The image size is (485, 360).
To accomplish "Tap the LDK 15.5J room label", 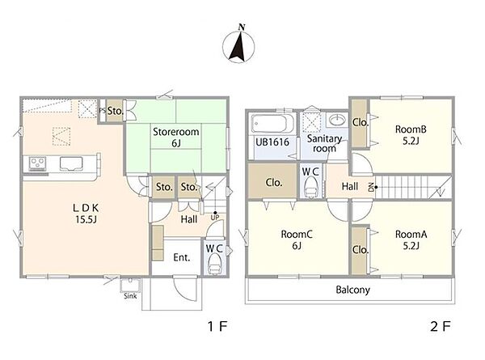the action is tap(86, 214).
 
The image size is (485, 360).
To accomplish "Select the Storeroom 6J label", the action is tap(176, 138).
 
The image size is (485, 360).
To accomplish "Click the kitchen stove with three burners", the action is tap(37, 163).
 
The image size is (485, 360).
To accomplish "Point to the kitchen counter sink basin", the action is tap(71, 163).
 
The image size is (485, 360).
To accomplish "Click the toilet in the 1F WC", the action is tap(214, 266).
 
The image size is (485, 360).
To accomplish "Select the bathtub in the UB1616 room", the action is tap(272, 125).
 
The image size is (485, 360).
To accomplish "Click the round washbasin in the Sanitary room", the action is tap(337, 120).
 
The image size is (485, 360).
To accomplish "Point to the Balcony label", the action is tap(353, 290).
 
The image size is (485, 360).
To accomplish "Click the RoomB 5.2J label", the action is tap(411, 135).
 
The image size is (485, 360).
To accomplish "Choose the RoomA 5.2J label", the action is tap(411, 240).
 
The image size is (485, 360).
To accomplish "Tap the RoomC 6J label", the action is tap(297, 240).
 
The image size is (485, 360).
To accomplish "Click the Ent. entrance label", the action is tap(182, 257).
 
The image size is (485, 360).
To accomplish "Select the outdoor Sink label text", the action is tap(130, 296).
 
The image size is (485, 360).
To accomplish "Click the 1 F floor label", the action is tap(217, 326).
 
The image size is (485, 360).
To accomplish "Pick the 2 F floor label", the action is tap(441, 326).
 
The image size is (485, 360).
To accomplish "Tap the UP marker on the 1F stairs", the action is tap(215, 217).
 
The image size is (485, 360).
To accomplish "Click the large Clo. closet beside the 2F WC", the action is tap(273, 182).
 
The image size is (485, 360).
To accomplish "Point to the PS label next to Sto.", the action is tap(103, 111).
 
